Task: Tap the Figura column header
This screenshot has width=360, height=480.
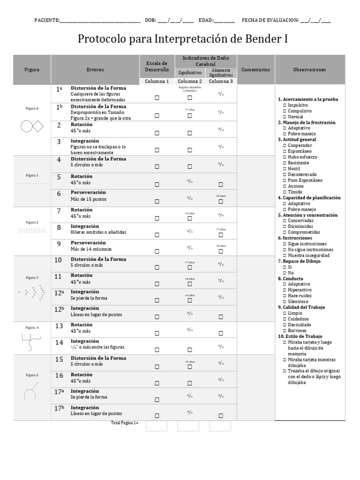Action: (x=32, y=70)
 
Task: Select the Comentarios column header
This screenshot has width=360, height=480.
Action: (x=255, y=70)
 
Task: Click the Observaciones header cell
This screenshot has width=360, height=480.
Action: (x=309, y=70)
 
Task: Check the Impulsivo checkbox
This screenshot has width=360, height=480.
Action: (x=285, y=105)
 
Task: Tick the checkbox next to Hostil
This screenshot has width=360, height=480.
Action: (x=285, y=169)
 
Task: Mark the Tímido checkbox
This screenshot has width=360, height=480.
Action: (x=285, y=192)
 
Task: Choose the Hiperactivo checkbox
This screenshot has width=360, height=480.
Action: (x=285, y=290)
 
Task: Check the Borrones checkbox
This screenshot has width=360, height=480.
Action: (x=285, y=330)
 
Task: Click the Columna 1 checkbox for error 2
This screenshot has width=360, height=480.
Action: (x=157, y=133)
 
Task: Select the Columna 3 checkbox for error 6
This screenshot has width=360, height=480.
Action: (x=221, y=202)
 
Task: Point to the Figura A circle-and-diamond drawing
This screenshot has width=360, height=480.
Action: (x=32, y=126)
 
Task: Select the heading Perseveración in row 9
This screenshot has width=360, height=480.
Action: (x=88, y=243)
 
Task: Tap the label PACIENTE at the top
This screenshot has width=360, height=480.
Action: (x=46, y=21)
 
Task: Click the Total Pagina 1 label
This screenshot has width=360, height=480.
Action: (x=124, y=423)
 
